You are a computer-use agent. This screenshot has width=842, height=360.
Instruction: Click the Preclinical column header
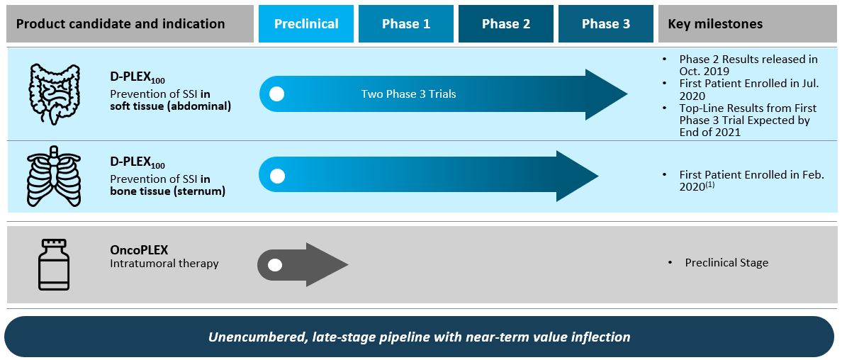click(x=306, y=23)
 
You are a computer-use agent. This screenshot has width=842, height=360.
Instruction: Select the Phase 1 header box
click(x=406, y=23)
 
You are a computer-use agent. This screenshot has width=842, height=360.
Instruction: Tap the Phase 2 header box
click(x=506, y=23)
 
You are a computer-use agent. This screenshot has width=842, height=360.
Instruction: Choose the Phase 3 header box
click(x=606, y=23)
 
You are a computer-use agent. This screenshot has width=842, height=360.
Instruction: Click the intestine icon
click(x=55, y=94)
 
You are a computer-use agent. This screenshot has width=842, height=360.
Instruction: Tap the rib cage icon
click(x=54, y=176)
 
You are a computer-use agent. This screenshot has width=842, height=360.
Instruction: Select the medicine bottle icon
click(x=54, y=264)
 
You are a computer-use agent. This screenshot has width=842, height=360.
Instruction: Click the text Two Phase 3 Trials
click(x=409, y=94)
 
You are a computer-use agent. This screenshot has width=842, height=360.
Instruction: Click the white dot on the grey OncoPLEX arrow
click(x=275, y=265)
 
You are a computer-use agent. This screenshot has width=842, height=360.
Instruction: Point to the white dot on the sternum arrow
click(x=276, y=176)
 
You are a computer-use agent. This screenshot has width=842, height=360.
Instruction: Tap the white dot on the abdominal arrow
click(x=276, y=94)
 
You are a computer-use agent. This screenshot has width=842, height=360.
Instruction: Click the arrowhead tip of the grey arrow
click(x=349, y=264)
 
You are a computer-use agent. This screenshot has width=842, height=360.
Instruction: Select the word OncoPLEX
click(x=139, y=250)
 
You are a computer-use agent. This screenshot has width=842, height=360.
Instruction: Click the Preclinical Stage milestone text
click(x=726, y=263)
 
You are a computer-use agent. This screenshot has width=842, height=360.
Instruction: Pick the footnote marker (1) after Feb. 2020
click(x=710, y=184)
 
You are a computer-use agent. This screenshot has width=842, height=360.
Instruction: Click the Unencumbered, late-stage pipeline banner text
click(x=420, y=337)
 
